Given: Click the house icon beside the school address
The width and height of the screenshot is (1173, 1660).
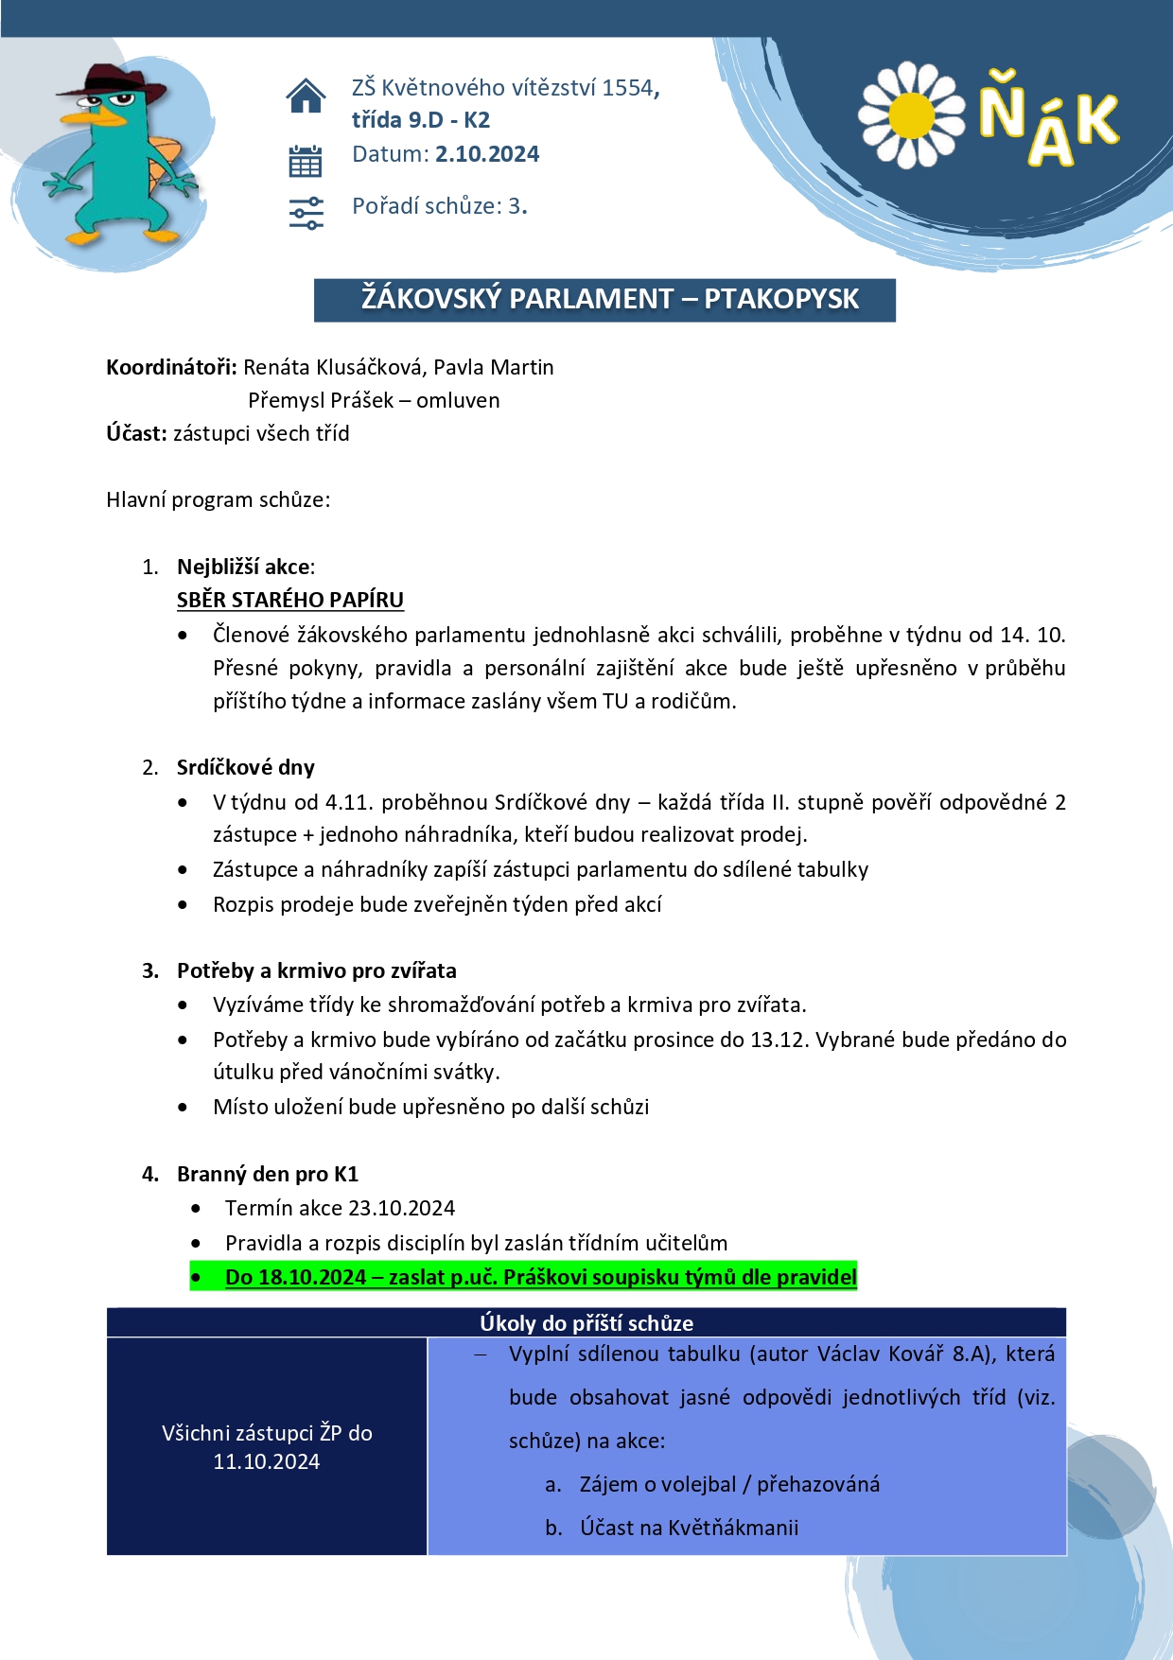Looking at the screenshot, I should point(306,96).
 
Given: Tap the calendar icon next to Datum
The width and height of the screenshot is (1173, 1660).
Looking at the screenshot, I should point(306,162).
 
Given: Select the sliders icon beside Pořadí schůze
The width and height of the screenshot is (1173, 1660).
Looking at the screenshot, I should point(306,213).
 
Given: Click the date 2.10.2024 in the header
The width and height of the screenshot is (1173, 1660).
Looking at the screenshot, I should point(487,154).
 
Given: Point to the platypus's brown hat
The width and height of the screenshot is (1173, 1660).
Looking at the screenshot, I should point(112,83).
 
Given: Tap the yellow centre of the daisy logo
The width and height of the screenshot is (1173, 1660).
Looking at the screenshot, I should point(911,115).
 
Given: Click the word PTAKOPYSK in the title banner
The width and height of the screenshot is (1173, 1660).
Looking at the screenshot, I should point(781,299).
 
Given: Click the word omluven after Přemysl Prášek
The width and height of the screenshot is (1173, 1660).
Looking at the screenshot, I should point(458,400).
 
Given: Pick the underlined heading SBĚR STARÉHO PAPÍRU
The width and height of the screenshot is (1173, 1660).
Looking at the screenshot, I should point(290,600).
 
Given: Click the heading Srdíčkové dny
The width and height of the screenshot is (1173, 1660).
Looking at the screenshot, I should point(246,767).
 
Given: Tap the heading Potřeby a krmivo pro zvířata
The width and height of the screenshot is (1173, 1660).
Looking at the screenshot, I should point(317,970).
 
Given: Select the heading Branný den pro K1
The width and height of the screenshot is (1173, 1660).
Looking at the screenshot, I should point(268,1174).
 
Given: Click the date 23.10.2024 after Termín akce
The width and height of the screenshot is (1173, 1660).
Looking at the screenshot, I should point(402,1208).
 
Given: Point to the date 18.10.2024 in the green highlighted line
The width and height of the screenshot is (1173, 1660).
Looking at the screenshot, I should point(312,1277).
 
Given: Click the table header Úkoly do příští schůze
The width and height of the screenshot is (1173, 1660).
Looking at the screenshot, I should point(586,1323).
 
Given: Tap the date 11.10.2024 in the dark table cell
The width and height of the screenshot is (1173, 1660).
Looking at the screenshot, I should point(267,1461).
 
